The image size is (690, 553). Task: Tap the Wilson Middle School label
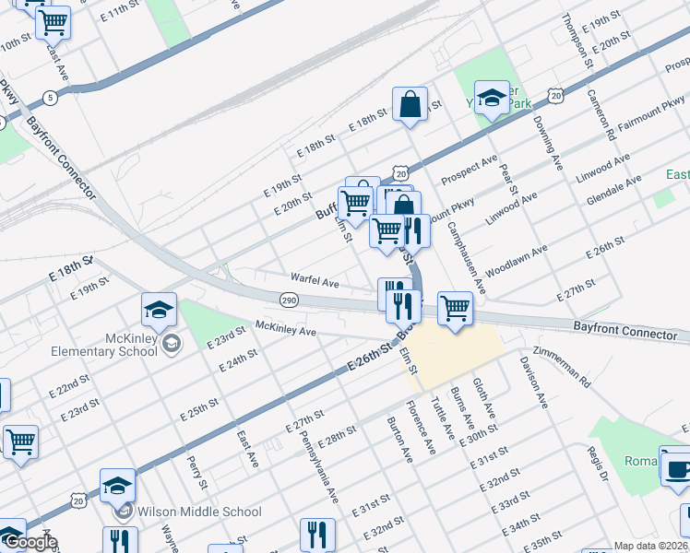tap(199, 512)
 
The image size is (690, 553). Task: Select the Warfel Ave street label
tap(315, 278)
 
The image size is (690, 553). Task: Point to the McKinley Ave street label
tap(286, 328)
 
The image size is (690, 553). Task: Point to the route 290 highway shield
tap(288, 300)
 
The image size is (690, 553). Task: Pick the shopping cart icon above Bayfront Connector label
tap(455, 308)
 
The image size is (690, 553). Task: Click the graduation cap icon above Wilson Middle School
tap(118, 485)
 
